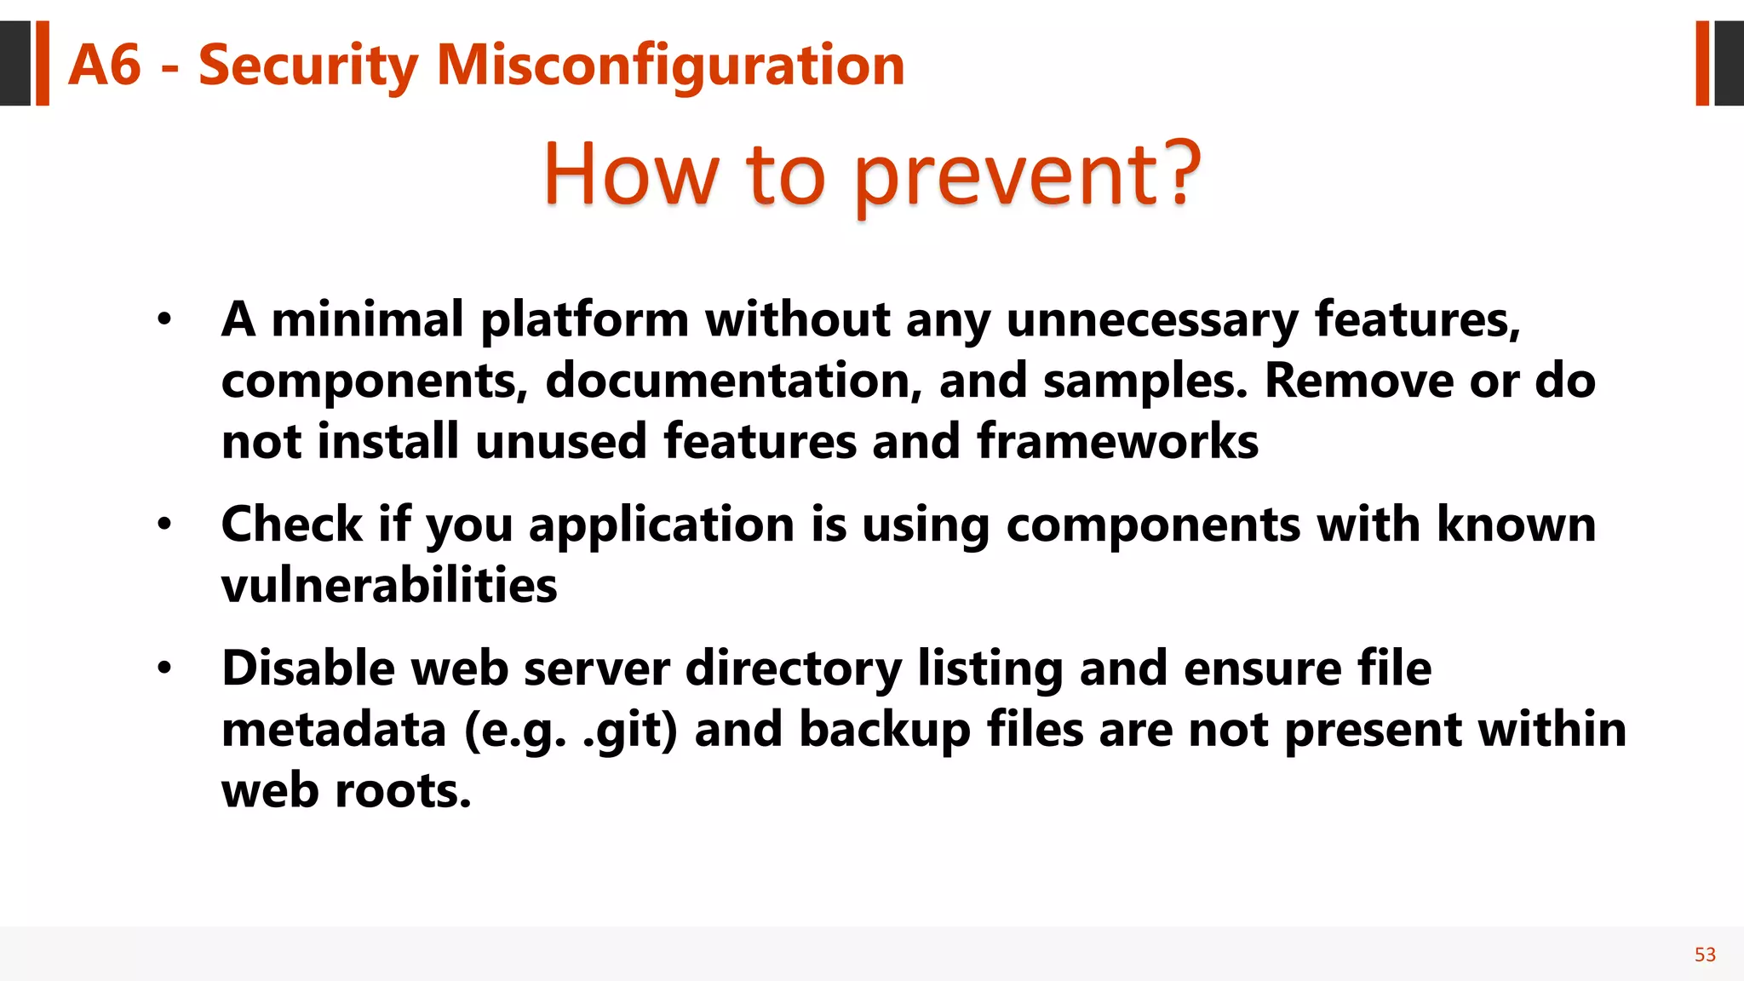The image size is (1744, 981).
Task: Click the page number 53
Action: coord(1705,955)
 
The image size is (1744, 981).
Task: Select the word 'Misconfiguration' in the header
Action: coord(670,66)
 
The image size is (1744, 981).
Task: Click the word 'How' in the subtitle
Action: coord(631,174)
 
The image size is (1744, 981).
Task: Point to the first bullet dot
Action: coord(164,321)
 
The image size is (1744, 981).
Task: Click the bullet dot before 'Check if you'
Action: coord(164,525)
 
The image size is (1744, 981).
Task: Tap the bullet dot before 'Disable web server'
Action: coord(164,668)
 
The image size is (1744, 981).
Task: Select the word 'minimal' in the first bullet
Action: coord(367,320)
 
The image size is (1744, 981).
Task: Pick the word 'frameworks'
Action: coord(1117,441)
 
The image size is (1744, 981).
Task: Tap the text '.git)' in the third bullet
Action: coord(630,731)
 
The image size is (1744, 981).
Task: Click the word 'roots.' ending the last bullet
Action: coord(403,790)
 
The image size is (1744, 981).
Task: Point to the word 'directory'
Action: coord(793,668)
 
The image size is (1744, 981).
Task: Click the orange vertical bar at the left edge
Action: coord(42,64)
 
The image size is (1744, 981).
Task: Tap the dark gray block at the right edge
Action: coord(1729,64)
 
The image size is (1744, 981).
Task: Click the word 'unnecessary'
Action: coord(1152,320)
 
